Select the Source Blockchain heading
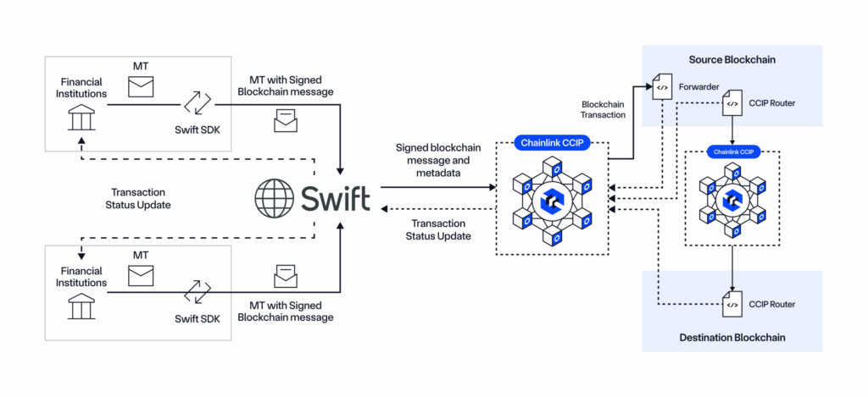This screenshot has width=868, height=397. coord(732,60)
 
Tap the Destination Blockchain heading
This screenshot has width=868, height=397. coord(732,338)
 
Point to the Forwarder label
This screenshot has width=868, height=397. coord(698,88)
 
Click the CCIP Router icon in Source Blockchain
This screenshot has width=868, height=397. coord(731,106)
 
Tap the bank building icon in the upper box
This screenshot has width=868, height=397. coord(82,119)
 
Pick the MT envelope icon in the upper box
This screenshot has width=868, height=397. coord(142,85)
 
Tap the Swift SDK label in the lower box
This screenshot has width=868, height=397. coord(197,318)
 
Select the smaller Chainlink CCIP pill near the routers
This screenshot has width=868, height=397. coord(732,153)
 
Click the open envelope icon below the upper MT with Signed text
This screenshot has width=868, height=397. coord(286,123)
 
